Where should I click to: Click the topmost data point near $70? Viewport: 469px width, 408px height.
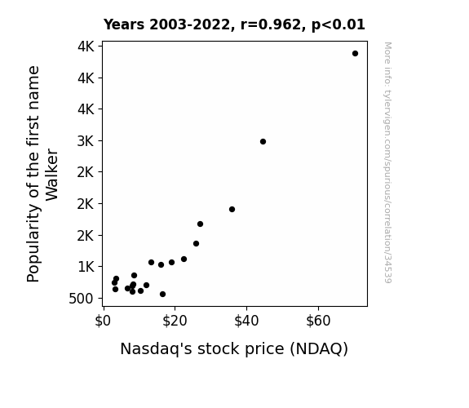(355, 54)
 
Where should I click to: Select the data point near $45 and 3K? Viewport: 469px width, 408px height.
(263, 142)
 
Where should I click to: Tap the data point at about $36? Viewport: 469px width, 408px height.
(232, 209)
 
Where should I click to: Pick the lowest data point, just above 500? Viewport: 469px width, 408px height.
(162, 295)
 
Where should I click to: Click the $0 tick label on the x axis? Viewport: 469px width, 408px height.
(103, 322)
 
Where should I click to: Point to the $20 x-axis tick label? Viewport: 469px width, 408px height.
(175, 322)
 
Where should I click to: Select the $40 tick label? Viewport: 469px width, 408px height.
(246, 322)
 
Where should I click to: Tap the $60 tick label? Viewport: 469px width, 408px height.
(318, 322)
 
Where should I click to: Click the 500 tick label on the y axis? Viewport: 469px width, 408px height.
(81, 299)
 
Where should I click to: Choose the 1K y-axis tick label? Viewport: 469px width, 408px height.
(86, 267)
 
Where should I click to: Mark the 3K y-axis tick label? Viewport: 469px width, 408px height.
(86, 141)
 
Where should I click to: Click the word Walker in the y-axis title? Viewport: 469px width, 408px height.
(51, 175)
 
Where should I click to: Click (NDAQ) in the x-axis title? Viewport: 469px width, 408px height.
(319, 349)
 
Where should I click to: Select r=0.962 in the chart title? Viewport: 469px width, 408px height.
(271, 24)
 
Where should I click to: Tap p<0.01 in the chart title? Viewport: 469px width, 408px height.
(338, 24)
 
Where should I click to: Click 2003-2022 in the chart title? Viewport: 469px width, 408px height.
(189, 24)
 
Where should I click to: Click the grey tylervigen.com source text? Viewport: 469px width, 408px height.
(387, 162)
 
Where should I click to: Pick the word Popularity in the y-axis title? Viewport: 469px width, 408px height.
(33, 244)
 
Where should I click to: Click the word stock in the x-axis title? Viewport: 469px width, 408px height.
(219, 348)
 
